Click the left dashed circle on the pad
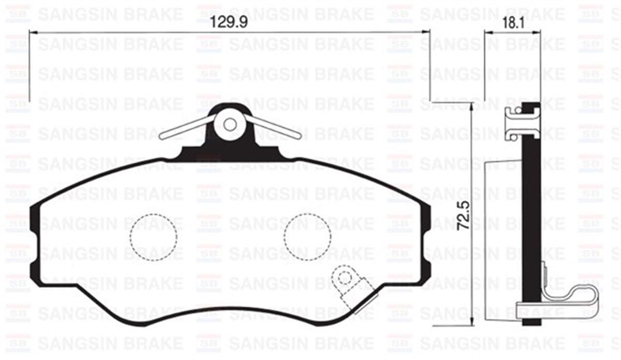(153, 236)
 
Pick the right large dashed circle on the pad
(307, 236)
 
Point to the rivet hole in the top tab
(230, 125)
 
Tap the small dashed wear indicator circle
(342, 278)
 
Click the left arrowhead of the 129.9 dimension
(32, 32)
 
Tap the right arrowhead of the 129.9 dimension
(427, 32)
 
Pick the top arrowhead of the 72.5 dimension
(471, 106)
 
